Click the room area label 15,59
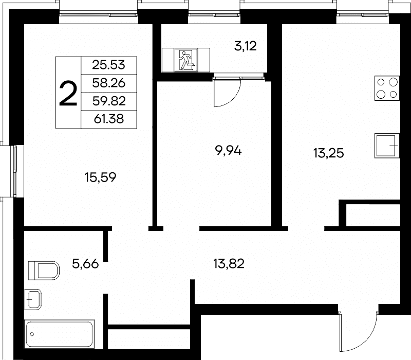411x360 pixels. (100, 177)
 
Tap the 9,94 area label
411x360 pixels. (228, 151)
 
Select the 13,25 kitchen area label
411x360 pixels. (328, 153)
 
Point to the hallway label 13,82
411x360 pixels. (229, 263)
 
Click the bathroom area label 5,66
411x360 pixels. (85, 264)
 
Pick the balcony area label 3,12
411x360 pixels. (246, 46)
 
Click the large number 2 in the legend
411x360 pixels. (68, 93)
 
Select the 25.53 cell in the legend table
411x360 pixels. (109, 65)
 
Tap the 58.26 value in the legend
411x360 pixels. (109, 83)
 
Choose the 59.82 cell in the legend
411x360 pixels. (109, 101)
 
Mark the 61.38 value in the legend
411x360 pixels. (109, 119)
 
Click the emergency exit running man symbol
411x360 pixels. (186, 60)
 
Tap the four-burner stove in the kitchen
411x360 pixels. (387, 88)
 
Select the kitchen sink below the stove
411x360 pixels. (387, 146)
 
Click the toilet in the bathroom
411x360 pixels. (44, 271)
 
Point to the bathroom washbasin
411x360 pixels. (33, 299)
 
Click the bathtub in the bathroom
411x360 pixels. (59, 334)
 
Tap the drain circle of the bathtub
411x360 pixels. (32, 334)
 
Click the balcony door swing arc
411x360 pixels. (234, 99)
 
